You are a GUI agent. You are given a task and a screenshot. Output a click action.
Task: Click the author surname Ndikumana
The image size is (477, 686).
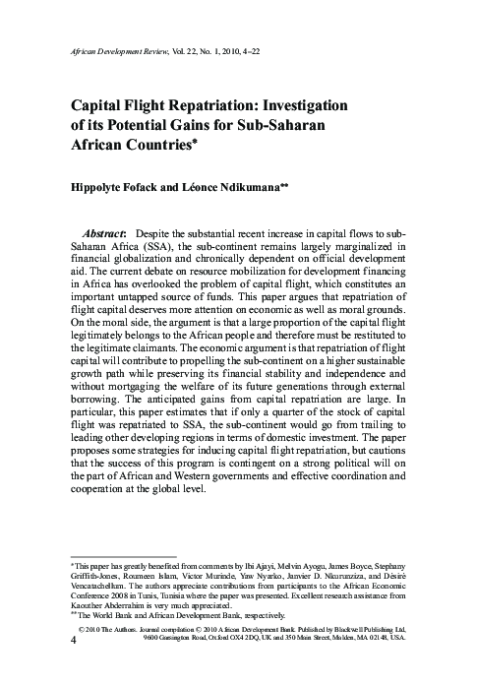pyautogui.click(x=268, y=186)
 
